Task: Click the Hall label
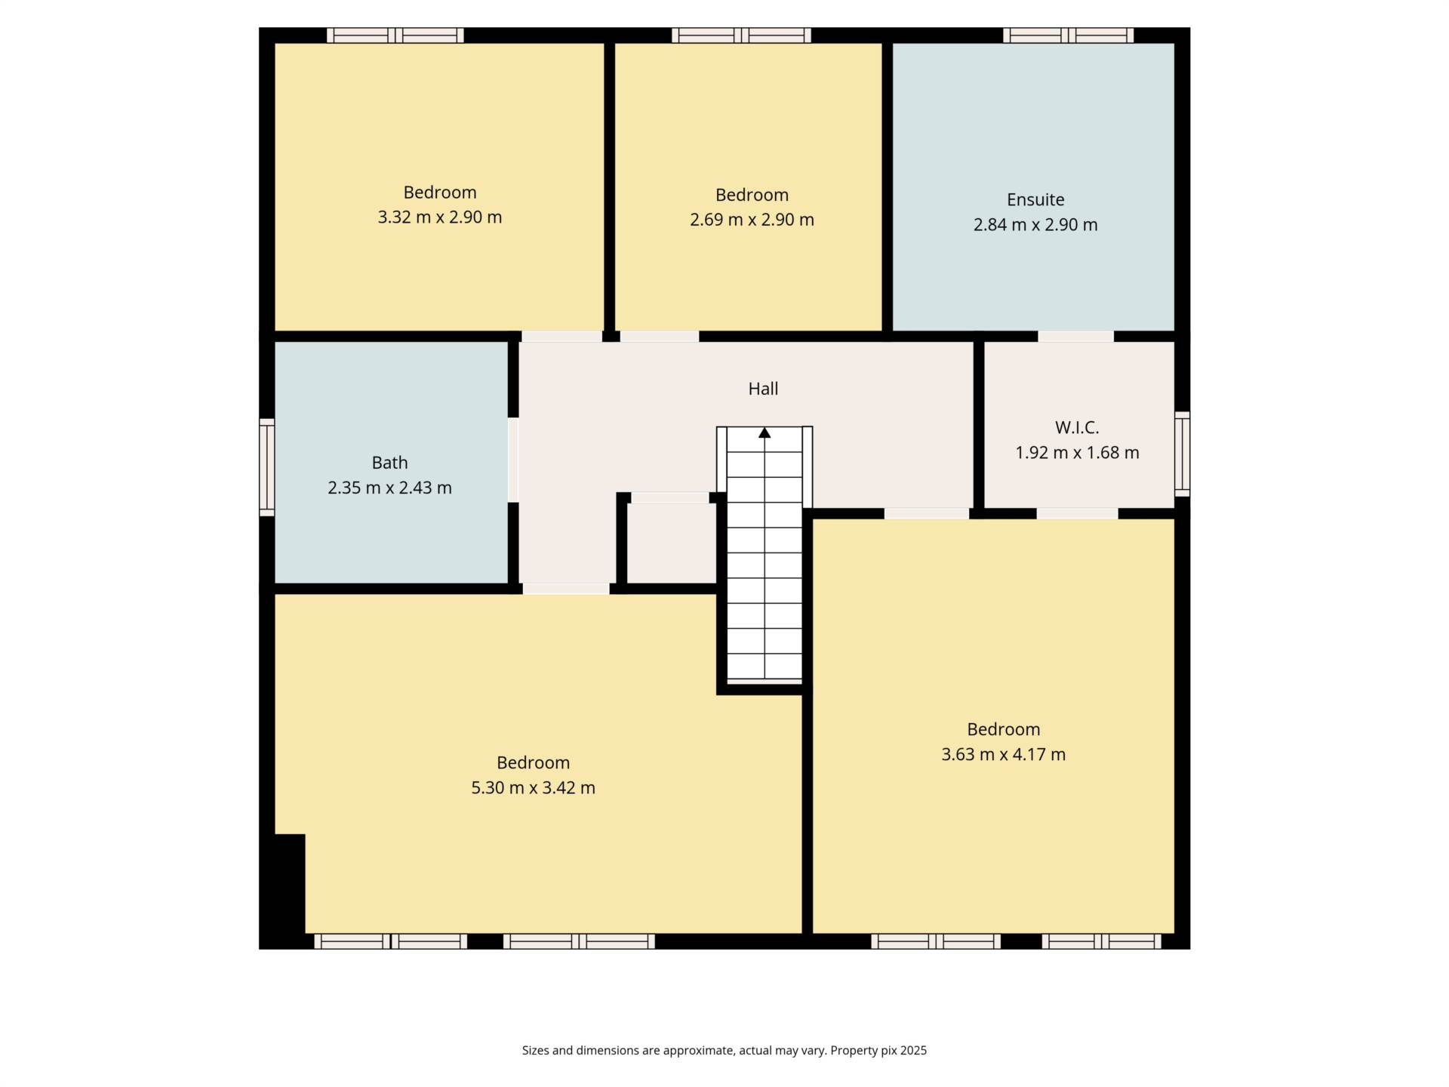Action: click(763, 389)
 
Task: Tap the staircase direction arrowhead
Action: click(764, 433)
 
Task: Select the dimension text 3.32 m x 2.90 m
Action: click(439, 217)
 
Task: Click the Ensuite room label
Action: click(1035, 199)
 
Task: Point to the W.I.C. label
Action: click(1077, 427)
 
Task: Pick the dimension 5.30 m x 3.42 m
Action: click(533, 788)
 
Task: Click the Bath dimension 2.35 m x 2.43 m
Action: click(389, 488)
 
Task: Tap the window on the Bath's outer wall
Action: click(266, 467)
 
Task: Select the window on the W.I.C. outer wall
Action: click(1183, 454)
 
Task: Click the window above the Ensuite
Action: click(1068, 35)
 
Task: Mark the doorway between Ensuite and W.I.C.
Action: click(1075, 337)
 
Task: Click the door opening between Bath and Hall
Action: click(513, 460)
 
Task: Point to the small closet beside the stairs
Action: click(671, 543)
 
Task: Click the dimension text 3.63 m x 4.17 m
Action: click(1003, 754)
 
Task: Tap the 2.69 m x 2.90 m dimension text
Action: click(752, 220)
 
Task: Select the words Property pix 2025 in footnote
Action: click(878, 1050)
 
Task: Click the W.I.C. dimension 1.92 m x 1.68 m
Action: click(1077, 453)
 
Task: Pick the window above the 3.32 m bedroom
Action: click(395, 35)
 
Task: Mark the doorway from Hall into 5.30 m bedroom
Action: click(566, 589)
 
